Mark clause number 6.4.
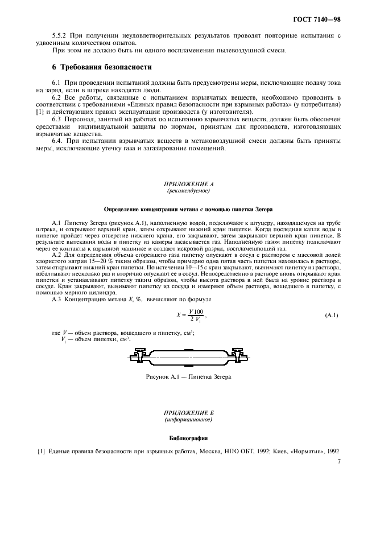pyautogui.click(x=57, y=140)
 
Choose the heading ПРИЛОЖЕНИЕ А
pyautogui.click(x=187, y=184)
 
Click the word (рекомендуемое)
pyautogui.click(x=187, y=191)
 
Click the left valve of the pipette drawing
pyautogui.click(x=138, y=356)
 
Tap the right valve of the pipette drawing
pyautogui.click(x=239, y=356)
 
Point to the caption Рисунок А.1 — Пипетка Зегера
pyautogui.click(x=188, y=377)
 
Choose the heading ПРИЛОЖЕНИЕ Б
pyautogui.click(x=187, y=412)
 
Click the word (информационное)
pyautogui.click(x=187, y=419)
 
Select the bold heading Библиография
pyautogui.click(x=187, y=438)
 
